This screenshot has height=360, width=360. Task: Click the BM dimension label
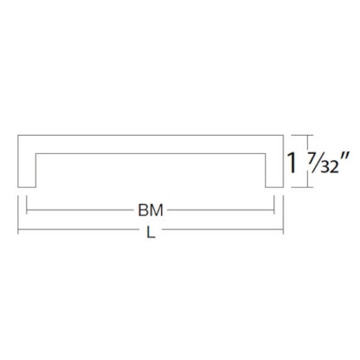click(x=151, y=210)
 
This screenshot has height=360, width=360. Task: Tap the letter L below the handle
click(x=151, y=232)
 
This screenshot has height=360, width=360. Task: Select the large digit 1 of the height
click(x=292, y=163)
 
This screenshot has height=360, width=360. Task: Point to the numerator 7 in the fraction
click(x=312, y=158)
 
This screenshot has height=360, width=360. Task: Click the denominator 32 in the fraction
click(x=329, y=167)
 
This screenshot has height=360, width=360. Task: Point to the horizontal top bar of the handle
click(x=151, y=144)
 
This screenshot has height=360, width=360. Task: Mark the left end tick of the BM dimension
click(x=27, y=205)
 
